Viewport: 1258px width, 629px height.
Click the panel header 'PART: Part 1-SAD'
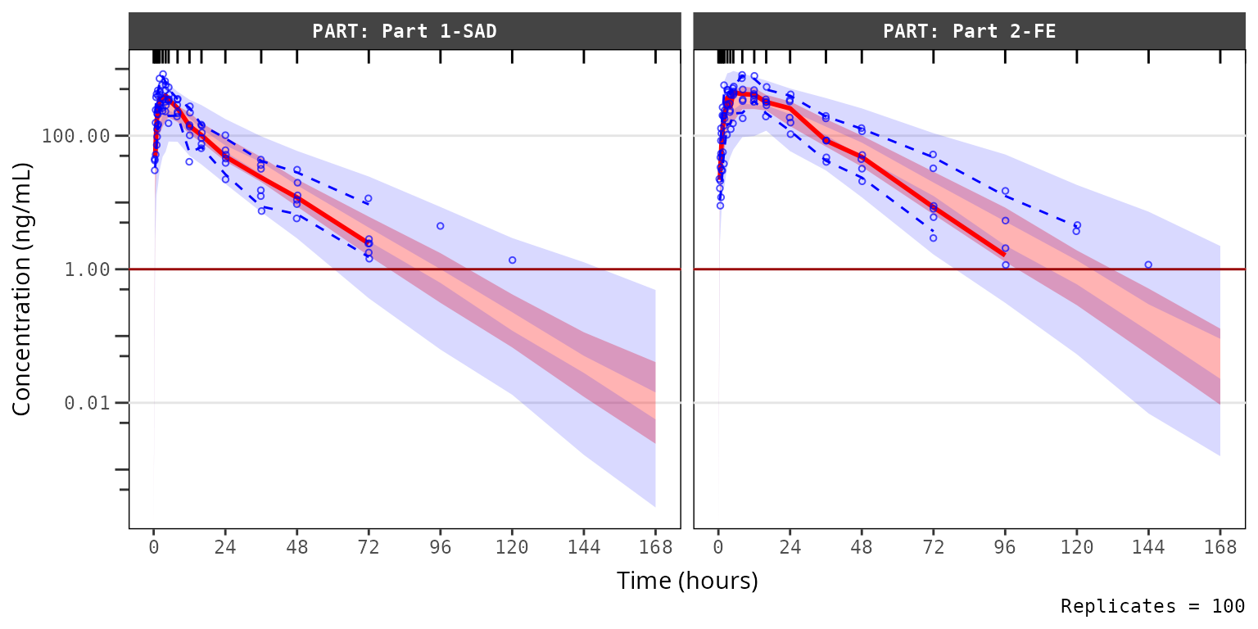click(405, 32)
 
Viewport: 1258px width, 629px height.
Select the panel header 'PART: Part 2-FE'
click(969, 32)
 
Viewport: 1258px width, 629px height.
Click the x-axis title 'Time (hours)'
click(687, 581)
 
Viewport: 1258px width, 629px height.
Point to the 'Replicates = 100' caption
click(1152, 607)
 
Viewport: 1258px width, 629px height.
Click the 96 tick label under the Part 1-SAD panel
click(440, 548)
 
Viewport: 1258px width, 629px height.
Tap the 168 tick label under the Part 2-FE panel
click(1220, 548)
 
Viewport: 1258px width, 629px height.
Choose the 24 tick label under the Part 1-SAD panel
click(225, 548)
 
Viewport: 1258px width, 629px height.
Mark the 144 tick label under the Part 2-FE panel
click(1148, 548)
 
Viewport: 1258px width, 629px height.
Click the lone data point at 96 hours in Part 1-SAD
click(440, 226)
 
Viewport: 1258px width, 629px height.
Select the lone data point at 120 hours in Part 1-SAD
click(512, 260)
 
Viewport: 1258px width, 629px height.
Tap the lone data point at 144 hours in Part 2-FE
click(1148, 265)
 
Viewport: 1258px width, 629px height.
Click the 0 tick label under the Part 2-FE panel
click(718, 548)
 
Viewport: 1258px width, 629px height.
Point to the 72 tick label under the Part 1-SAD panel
click(369, 548)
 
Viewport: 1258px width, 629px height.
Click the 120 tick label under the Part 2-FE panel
click(1077, 548)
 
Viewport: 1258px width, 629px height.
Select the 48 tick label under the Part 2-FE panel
click(862, 548)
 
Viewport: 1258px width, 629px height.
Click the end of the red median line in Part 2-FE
click(1004, 256)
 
